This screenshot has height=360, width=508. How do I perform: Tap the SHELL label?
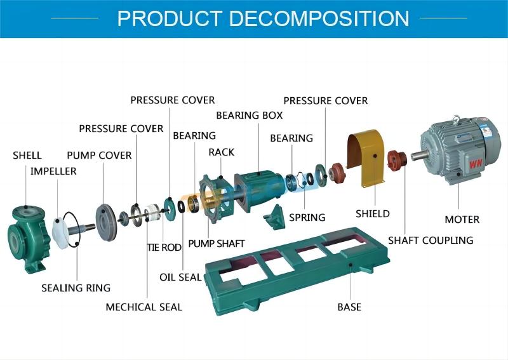point(27,155)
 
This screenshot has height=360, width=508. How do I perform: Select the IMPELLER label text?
point(53,171)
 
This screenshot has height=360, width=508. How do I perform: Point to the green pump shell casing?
point(28,231)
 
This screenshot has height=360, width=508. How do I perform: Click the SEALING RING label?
point(76,288)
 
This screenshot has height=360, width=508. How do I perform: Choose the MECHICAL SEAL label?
point(144,307)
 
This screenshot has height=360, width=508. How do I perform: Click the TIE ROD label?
point(164,247)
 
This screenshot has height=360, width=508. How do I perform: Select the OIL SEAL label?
point(180,277)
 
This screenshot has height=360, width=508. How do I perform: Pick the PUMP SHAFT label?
point(216,243)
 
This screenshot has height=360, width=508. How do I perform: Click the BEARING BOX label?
point(249,116)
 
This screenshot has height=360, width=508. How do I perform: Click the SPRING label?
point(307,217)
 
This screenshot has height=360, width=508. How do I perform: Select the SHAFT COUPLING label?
point(431,240)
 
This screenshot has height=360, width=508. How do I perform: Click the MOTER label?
point(462,219)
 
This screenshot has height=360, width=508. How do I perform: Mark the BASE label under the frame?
point(349,307)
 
